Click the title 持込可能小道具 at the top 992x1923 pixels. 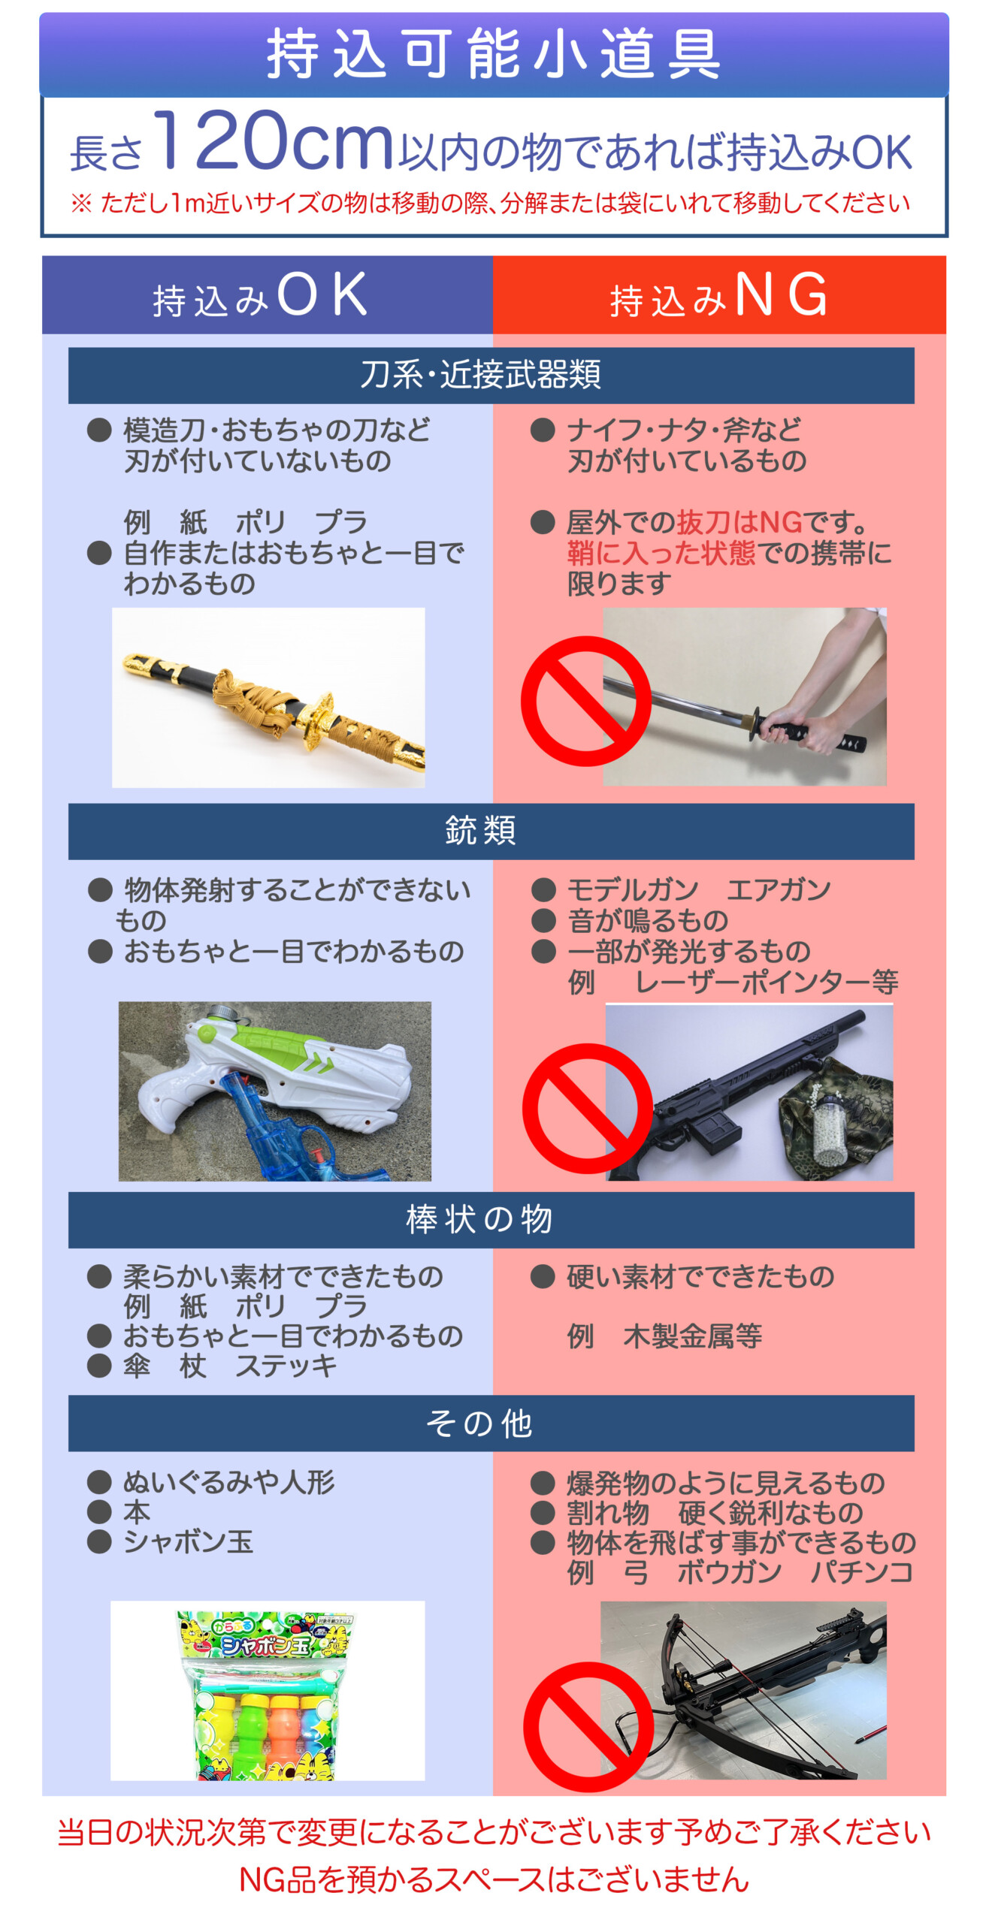494,54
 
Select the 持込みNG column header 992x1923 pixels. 718,295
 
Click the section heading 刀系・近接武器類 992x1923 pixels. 481,374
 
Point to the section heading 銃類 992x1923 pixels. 481,830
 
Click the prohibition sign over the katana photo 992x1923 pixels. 586,701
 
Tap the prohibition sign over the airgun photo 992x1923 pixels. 588,1108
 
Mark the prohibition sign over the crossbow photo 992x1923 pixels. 588,1725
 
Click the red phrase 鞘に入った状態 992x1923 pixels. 661,553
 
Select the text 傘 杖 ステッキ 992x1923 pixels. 230,1365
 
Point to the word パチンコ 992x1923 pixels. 861,1571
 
